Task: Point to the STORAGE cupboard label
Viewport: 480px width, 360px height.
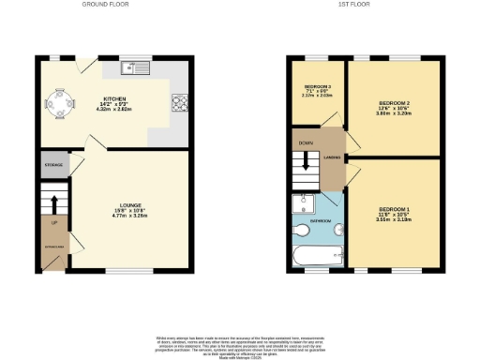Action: click(x=53, y=165)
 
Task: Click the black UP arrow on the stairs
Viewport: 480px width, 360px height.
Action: click(x=54, y=203)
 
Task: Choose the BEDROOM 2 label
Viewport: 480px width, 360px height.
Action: click(x=396, y=103)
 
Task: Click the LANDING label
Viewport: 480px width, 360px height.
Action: click(x=332, y=157)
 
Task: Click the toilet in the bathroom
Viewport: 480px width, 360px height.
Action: click(x=303, y=229)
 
